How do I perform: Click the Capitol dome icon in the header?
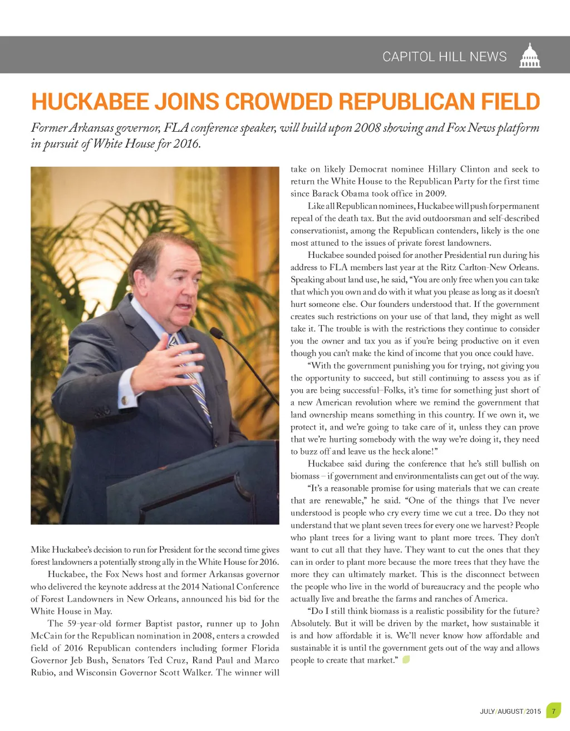click(x=529, y=56)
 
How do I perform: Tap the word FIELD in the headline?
click(x=510, y=102)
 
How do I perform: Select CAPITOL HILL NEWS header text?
click(x=444, y=57)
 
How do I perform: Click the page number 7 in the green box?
click(x=553, y=711)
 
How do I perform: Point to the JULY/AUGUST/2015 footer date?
click(x=510, y=712)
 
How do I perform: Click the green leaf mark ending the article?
click(x=406, y=660)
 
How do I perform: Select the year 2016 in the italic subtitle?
click(x=185, y=144)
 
